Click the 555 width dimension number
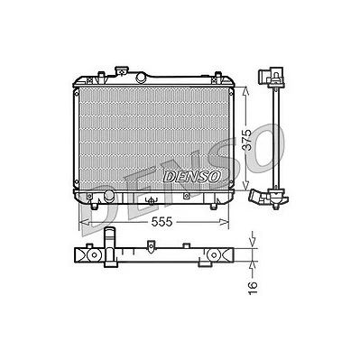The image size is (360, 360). pos(162,222)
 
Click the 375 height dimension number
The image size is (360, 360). pos(247,140)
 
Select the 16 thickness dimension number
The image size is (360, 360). pos(253,289)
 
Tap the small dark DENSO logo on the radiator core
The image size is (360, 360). pos(192,177)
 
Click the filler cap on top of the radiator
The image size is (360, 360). pos(122,71)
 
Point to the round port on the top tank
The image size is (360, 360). pos(141,78)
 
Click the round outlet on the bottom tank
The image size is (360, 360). pos(108,196)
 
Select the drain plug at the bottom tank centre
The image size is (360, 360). pos(152,200)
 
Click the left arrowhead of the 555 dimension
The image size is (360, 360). pos(83,222)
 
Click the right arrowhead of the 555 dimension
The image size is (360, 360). pos(224,222)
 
